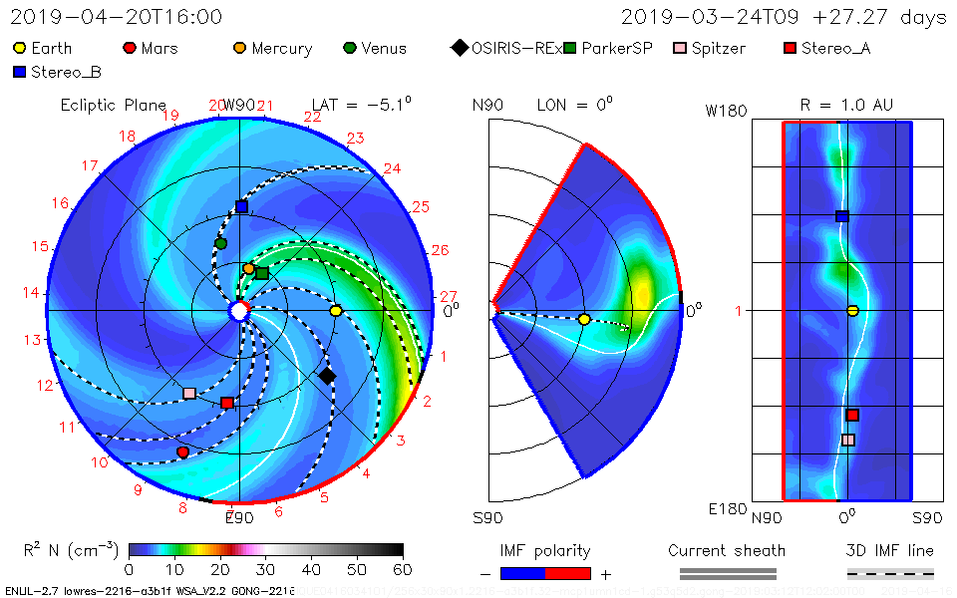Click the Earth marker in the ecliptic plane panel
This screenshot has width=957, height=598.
pos(336,311)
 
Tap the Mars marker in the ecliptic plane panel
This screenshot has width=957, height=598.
pos(182,452)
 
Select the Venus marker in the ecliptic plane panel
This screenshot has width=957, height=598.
pos(221,243)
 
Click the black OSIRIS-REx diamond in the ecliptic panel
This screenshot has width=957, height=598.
pos(327,376)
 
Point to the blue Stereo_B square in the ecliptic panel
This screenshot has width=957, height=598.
pos(241,206)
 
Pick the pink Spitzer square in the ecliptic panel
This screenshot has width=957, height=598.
pos(189,393)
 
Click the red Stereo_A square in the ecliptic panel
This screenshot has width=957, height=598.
pos(227,403)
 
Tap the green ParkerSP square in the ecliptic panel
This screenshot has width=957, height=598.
pos(262,273)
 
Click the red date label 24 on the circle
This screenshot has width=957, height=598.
pos(392,169)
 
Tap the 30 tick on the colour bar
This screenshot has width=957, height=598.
pos(266,569)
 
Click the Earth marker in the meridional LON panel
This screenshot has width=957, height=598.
pos(584,319)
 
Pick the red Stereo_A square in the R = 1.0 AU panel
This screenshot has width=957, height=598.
pos(852,415)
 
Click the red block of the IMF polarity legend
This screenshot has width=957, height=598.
pos(568,573)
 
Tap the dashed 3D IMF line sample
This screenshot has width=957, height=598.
pos(890,573)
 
